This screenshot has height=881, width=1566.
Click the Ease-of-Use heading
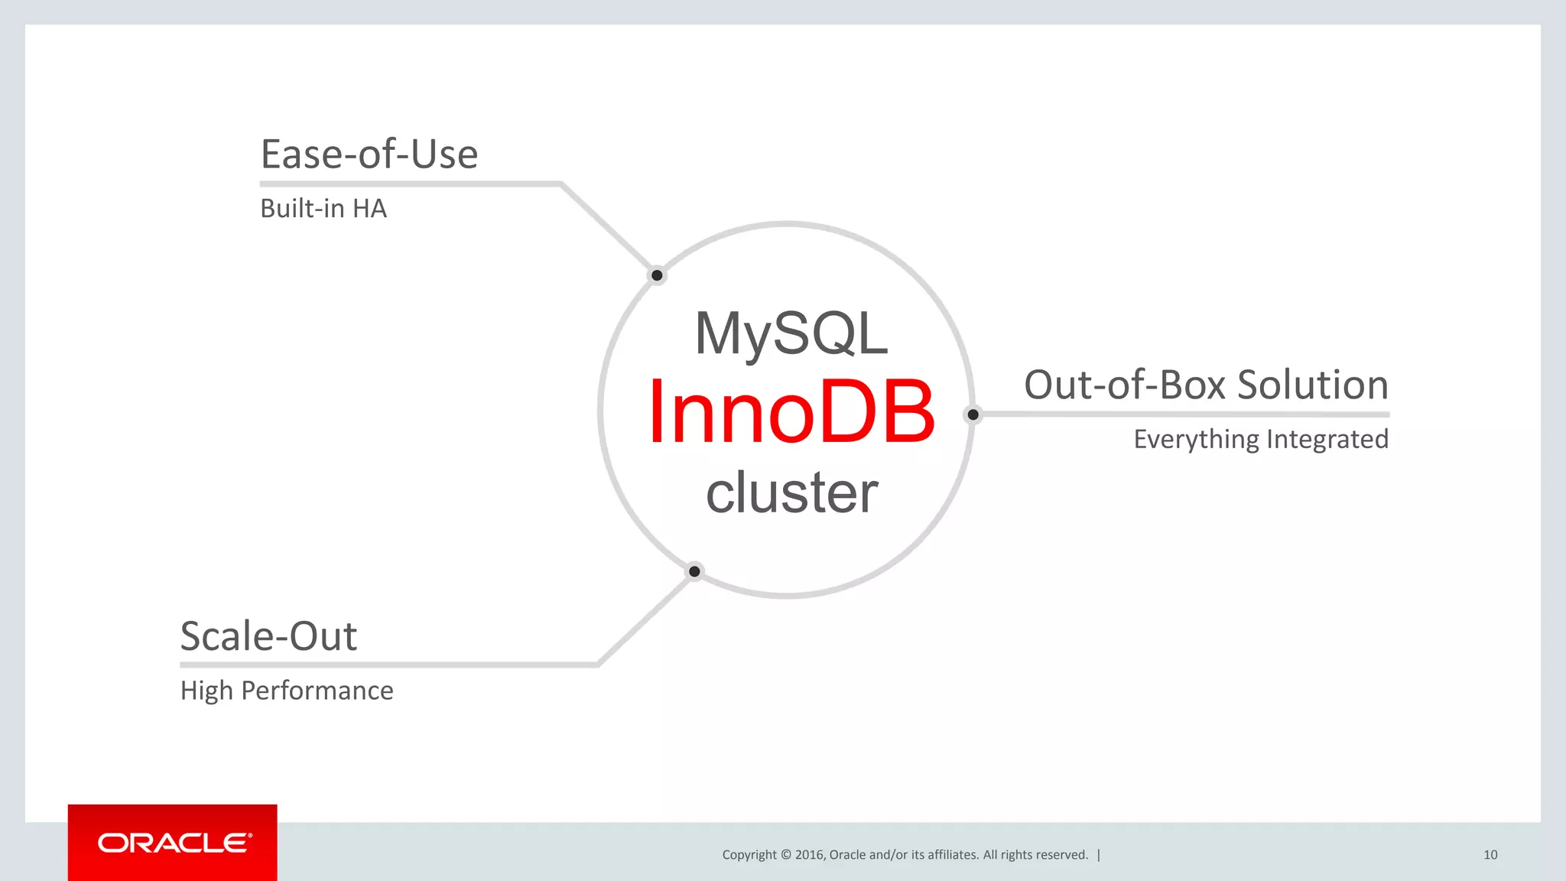coord(369,154)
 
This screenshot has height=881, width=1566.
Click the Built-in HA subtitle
coord(323,209)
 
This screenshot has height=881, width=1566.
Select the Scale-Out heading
coord(268,636)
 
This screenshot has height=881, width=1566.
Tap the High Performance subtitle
coord(287,691)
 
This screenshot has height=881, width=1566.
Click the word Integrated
coord(1327,440)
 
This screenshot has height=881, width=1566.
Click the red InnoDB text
coord(791,412)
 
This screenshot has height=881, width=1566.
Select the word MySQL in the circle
coord(791,334)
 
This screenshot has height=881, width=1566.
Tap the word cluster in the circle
coord(791,493)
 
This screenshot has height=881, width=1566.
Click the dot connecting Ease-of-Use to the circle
coord(657,275)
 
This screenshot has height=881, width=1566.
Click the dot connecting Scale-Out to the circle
coord(694,571)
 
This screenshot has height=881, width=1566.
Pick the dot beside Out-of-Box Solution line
coord(973,414)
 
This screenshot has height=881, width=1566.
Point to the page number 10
coord(1490,855)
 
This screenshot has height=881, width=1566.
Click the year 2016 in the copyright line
coord(809,855)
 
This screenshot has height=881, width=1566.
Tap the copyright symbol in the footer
coord(785,855)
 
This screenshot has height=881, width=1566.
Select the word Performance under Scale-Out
coord(317,691)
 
